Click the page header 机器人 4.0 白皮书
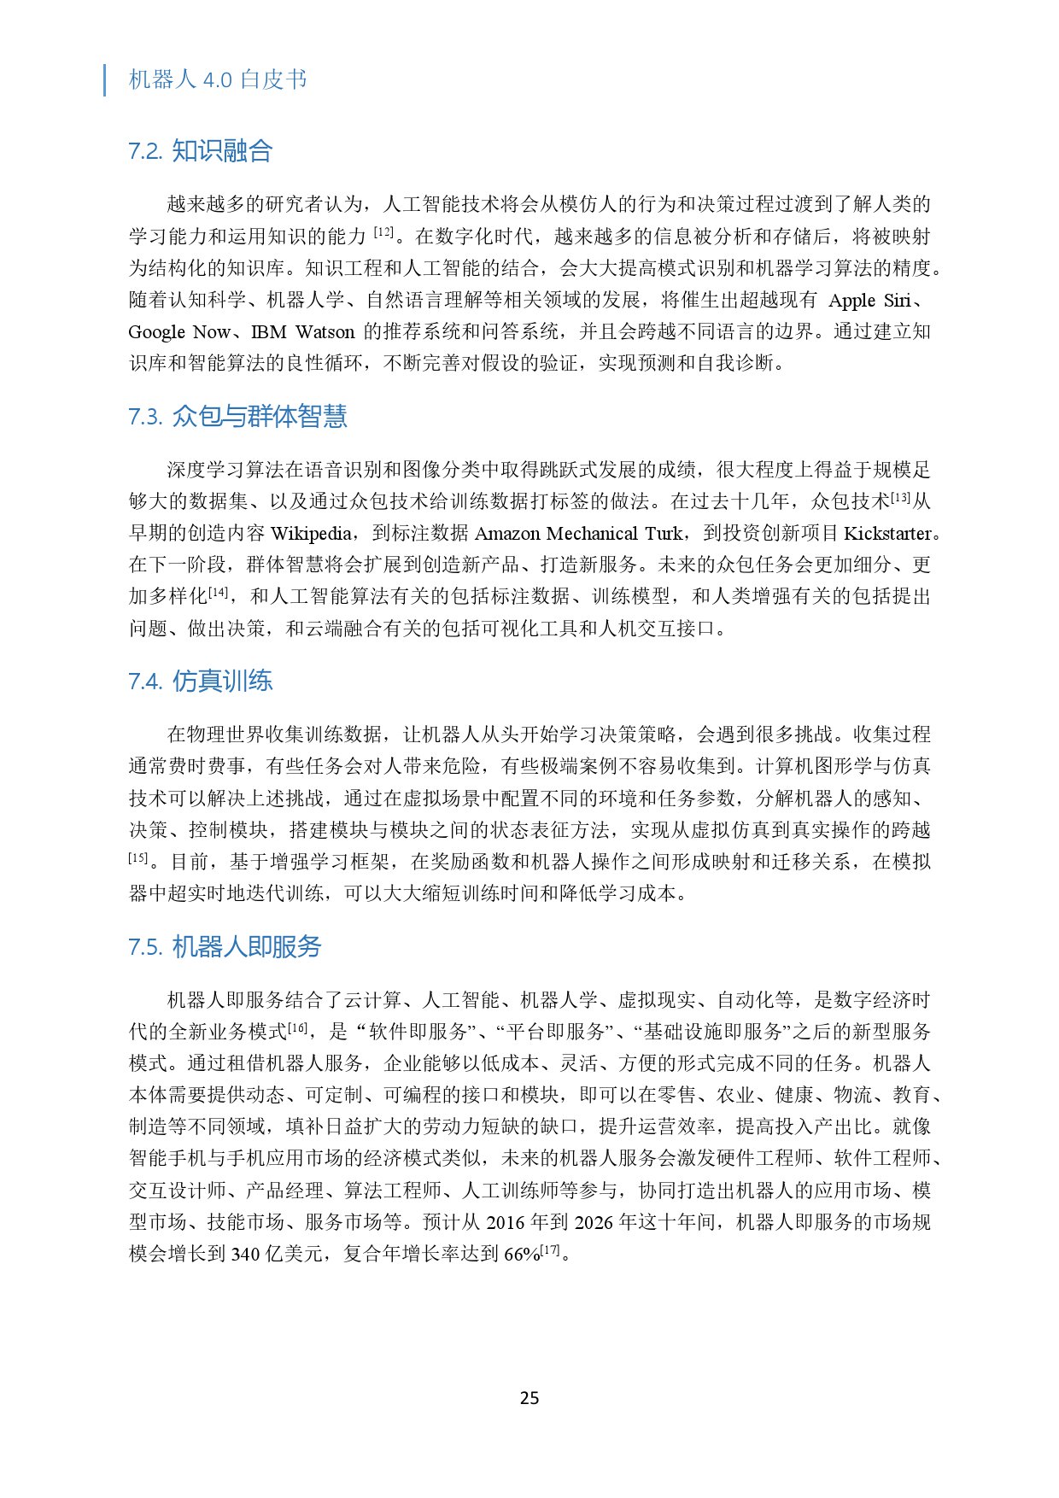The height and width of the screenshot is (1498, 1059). [x=218, y=79]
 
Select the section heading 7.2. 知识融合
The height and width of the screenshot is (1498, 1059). [x=201, y=151]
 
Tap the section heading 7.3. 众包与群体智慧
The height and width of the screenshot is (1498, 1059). [x=238, y=417]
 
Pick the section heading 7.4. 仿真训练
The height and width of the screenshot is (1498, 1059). [x=201, y=682]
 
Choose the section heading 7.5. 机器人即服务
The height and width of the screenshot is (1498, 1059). [x=225, y=947]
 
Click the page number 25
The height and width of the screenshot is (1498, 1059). [x=529, y=1397]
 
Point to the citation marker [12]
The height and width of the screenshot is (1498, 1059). [x=384, y=231]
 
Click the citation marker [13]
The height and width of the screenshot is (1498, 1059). [x=900, y=497]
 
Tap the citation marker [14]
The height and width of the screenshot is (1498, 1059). [x=219, y=592]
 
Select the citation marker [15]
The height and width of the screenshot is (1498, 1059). [x=138, y=857]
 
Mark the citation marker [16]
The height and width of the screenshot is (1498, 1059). [x=297, y=1027]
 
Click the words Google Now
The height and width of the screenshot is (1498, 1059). [x=179, y=332]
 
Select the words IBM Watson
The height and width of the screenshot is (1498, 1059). [x=302, y=332]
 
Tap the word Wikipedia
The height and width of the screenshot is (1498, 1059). [x=311, y=534]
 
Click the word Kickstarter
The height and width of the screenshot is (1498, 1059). [x=887, y=534]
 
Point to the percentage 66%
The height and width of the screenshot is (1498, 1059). [x=522, y=1255]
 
